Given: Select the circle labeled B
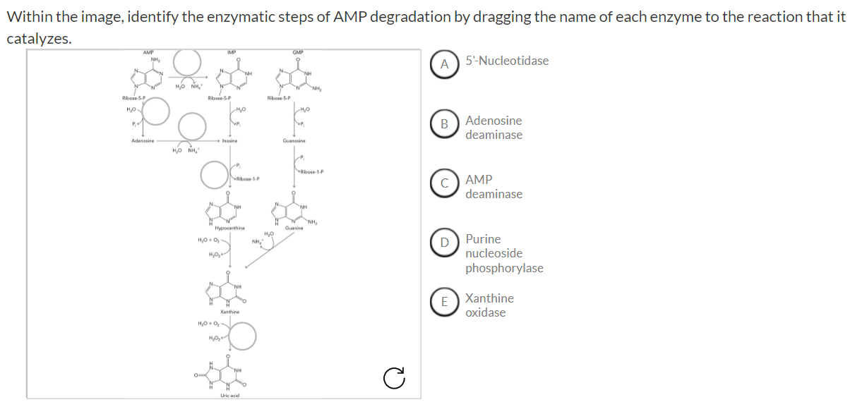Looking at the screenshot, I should coord(445,125).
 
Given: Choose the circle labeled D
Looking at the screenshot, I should coord(445,243).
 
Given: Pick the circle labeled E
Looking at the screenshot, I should coord(445,302).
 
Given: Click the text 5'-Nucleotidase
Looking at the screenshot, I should coord(507,61).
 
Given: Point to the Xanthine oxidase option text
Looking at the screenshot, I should coord(489,305).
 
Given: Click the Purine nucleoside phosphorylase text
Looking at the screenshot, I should coord(504,253).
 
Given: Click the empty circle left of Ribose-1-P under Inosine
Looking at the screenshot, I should coord(214,175).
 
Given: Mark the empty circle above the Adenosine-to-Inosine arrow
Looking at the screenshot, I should coord(191,127).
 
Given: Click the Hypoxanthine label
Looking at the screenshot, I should coord(230,228).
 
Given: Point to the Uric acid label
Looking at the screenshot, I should coord(230,395).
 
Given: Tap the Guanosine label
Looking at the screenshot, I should coord(293,140).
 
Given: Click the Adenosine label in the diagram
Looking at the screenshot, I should coord(143,140).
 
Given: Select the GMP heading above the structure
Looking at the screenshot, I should coord(298,51).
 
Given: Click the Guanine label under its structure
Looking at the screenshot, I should coord(294,228).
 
